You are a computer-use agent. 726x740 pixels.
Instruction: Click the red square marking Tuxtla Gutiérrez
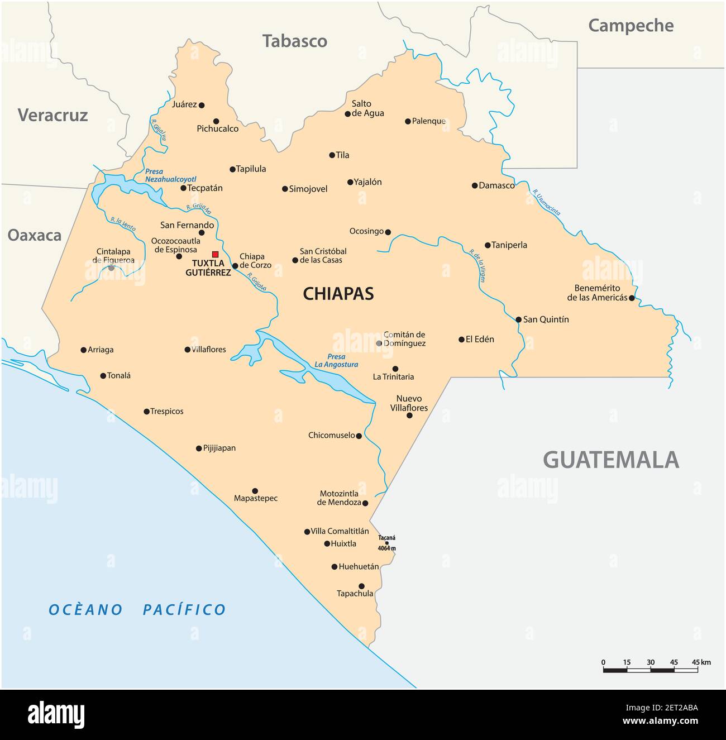pos(215,254)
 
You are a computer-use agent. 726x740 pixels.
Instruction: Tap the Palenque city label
pos(429,121)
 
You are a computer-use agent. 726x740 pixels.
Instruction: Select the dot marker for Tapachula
pos(361,586)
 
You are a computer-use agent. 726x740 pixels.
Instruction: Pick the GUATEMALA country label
pos(611,460)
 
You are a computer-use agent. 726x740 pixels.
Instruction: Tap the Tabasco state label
pos(295,41)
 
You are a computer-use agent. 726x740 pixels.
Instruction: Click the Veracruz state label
pos(52,115)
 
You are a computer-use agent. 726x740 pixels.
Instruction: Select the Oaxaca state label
pos(34,235)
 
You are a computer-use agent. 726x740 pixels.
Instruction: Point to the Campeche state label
pos(631,25)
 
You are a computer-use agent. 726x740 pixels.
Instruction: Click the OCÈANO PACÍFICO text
pos(137,609)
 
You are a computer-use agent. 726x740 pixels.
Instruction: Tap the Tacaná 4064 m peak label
pos(386,543)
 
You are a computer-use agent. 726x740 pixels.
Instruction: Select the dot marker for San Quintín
pos(518,319)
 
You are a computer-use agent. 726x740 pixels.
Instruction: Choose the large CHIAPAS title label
pos(338,294)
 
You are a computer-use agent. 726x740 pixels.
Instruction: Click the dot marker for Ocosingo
pos(388,232)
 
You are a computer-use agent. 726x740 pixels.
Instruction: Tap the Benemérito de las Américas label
pos(597,293)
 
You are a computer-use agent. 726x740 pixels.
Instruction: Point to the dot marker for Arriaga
pos(84,350)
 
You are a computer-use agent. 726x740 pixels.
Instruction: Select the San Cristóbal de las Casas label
pos(323,256)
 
